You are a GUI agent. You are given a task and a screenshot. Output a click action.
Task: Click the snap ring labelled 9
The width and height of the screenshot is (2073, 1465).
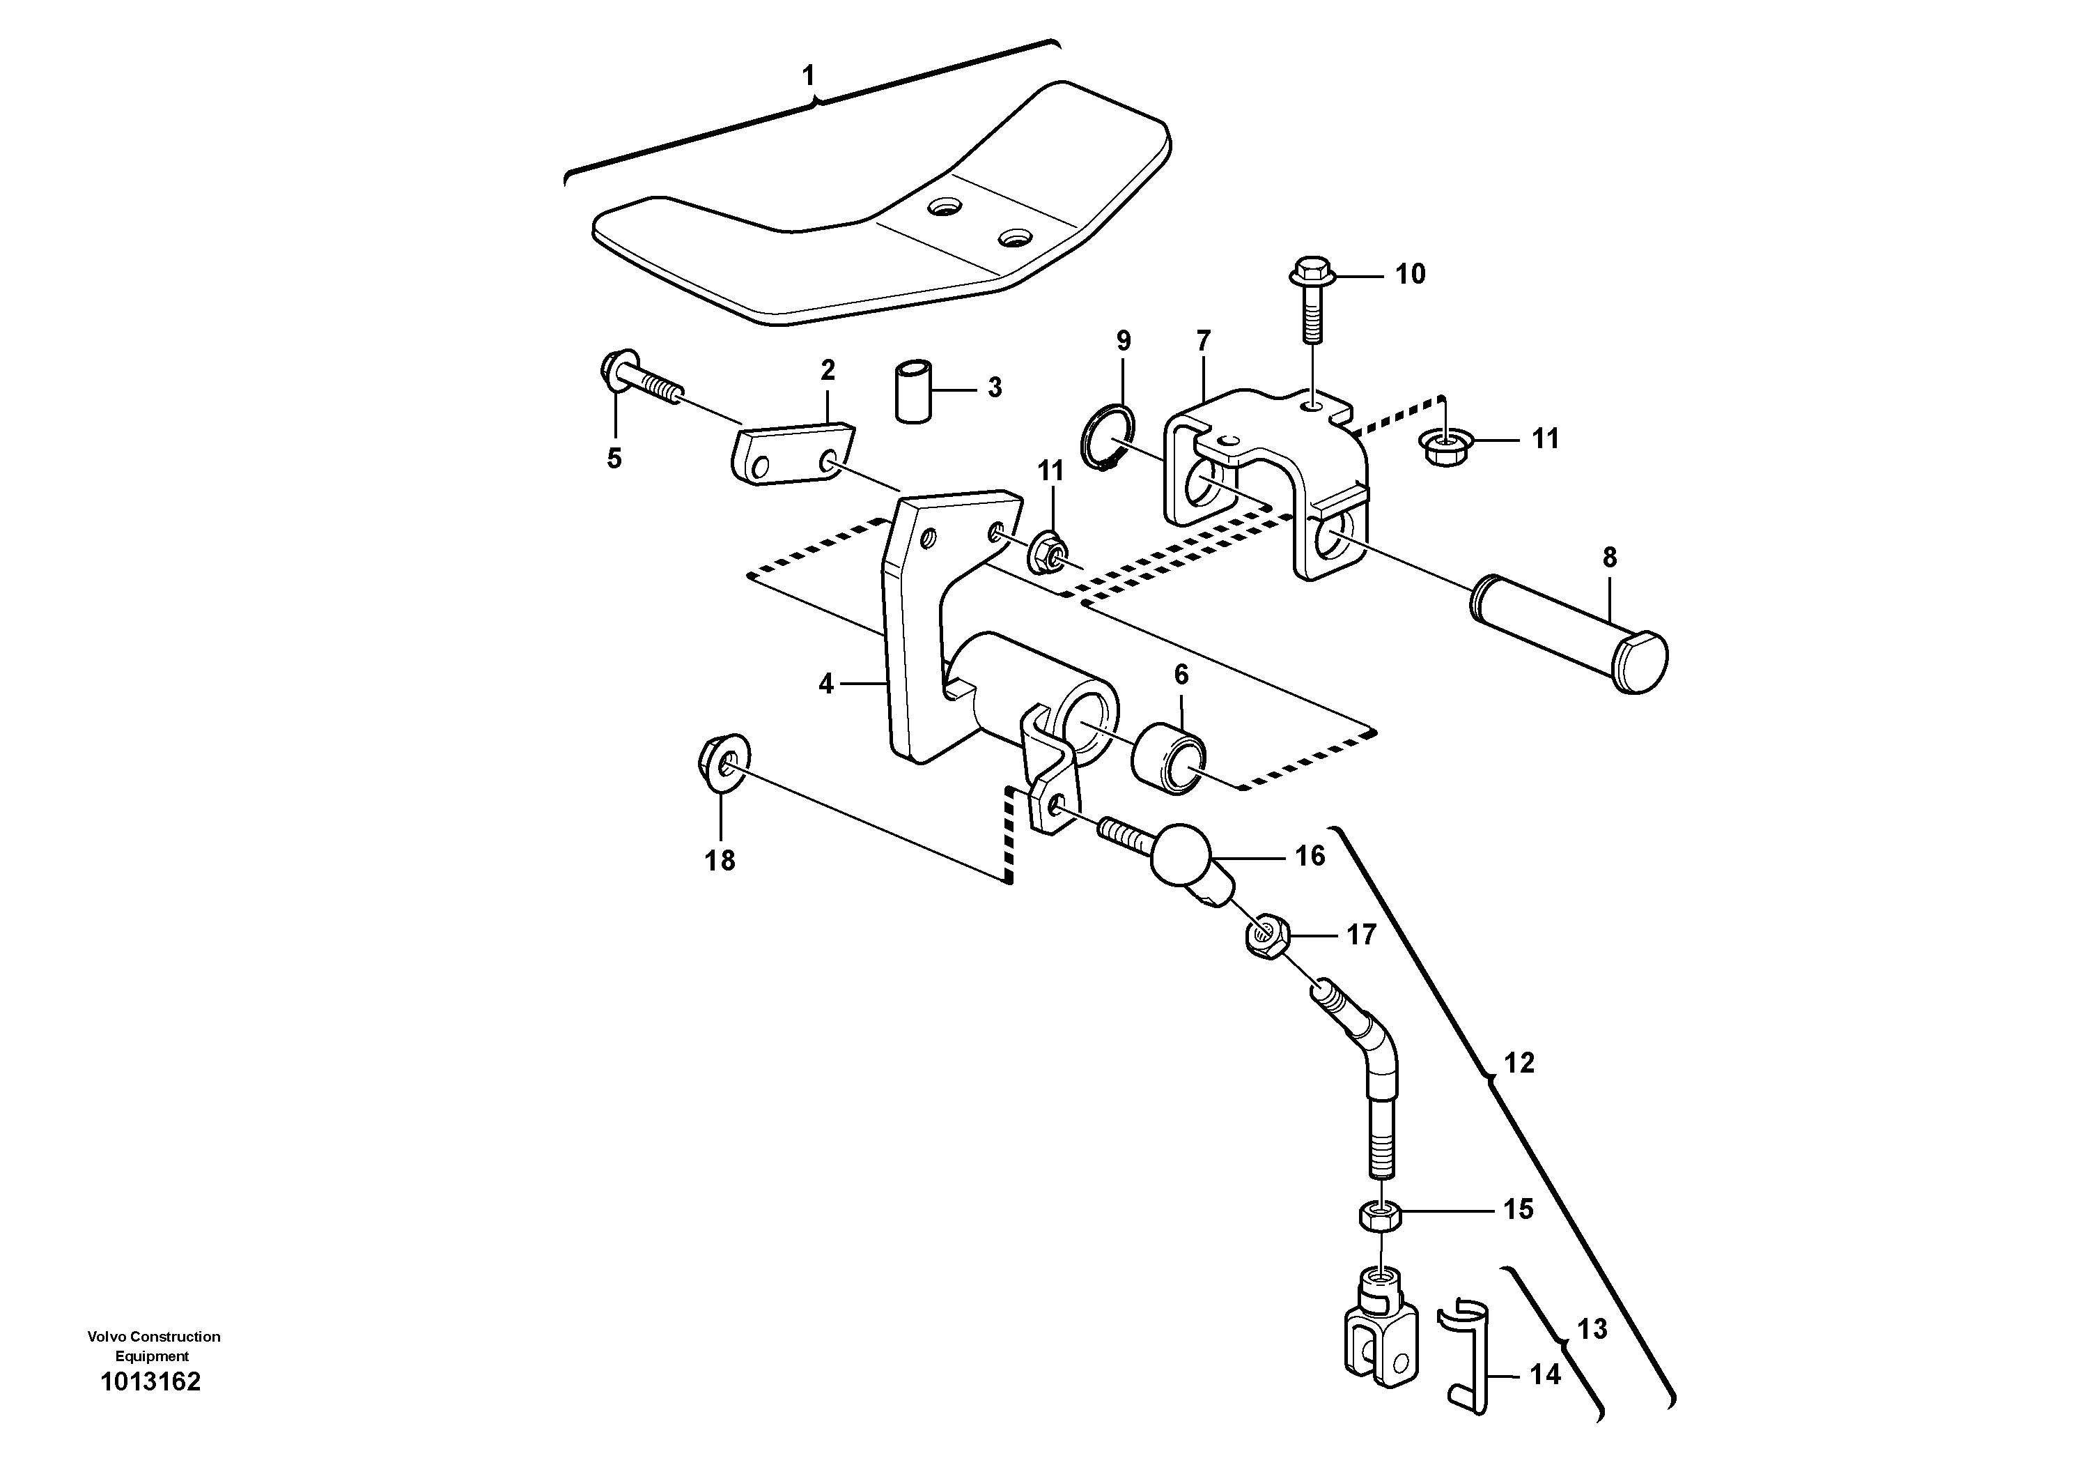pyautogui.click(x=1107, y=440)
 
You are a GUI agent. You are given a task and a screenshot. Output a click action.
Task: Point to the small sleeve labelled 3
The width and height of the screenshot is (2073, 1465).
pyautogui.click(x=913, y=390)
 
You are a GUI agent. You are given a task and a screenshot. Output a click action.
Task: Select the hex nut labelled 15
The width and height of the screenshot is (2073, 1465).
pyautogui.click(x=1380, y=1217)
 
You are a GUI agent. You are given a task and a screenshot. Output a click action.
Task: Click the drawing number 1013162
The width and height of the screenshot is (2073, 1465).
pyautogui.click(x=150, y=1382)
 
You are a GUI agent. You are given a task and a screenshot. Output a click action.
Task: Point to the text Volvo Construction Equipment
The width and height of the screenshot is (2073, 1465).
pyautogui.click(x=153, y=1346)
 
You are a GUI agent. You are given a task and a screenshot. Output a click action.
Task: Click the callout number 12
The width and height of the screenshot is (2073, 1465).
pyautogui.click(x=1519, y=1063)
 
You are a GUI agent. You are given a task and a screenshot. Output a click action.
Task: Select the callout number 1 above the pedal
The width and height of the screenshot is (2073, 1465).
pyautogui.click(x=808, y=75)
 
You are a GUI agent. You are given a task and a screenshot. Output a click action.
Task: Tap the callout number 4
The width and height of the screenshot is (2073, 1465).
pyautogui.click(x=825, y=684)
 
